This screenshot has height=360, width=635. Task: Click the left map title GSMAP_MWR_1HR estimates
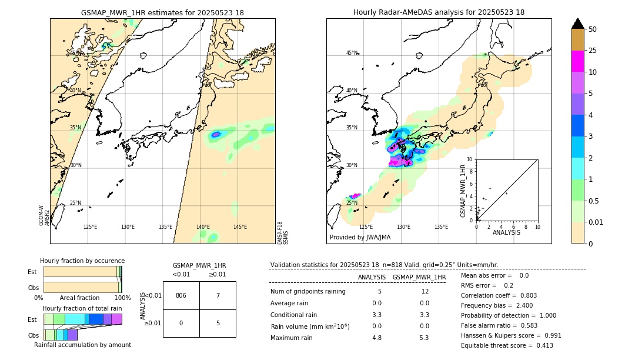tap(162, 12)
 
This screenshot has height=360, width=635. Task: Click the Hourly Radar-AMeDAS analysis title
tap(439, 12)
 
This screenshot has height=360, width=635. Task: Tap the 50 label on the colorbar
tap(593, 29)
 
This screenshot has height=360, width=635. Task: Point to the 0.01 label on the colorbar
tap(596, 222)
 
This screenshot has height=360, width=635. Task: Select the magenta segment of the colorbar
tap(578, 61)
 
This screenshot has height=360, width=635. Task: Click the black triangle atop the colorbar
tap(578, 24)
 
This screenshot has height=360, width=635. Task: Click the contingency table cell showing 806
tap(181, 295)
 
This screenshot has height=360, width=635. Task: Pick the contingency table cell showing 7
tap(218, 295)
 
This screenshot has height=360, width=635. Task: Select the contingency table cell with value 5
tap(218, 322)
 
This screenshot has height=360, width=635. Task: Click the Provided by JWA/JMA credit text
tap(360, 238)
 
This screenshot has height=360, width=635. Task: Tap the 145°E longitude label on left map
tap(240, 227)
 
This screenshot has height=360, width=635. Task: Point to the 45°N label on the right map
tap(352, 53)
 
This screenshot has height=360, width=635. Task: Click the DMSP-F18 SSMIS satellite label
tap(283, 233)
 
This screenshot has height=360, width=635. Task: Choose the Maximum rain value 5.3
tap(423, 338)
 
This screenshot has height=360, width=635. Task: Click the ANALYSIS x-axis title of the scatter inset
tap(506, 232)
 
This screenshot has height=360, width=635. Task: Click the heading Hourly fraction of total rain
tap(82, 308)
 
